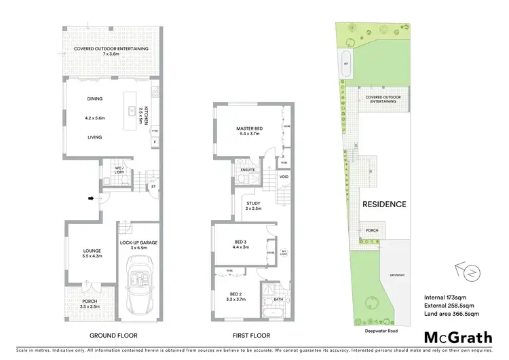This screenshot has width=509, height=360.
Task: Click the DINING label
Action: point(94,98)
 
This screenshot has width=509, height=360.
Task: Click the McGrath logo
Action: point(457,337)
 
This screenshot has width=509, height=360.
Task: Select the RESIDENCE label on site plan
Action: point(383,204)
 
